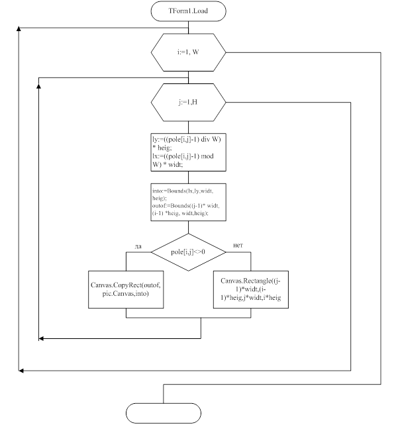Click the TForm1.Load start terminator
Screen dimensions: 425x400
point(189,11)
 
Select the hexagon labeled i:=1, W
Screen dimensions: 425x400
point(189,52)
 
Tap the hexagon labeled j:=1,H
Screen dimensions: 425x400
point(189,103)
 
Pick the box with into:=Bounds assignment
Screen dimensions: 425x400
point(189,202)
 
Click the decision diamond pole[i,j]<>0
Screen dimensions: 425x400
point(189,252)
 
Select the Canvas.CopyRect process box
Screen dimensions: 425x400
point(126,289)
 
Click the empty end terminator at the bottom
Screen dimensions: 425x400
point(163,412)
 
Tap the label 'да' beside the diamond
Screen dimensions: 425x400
point(138,246)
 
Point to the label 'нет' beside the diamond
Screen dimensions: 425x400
point(238,246)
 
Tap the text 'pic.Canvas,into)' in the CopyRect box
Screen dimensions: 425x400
point(126,293)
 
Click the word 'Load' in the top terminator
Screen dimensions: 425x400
point(203,11)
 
